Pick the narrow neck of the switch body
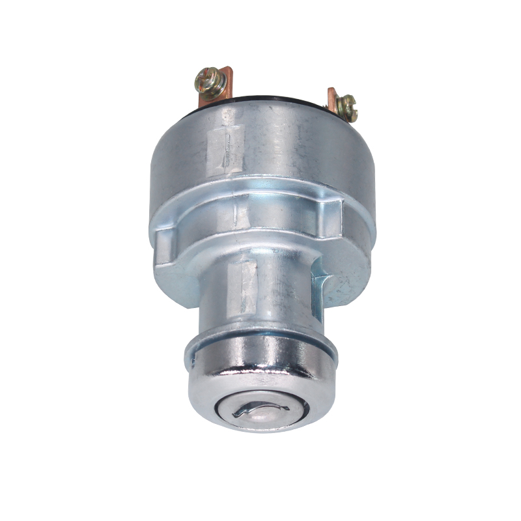[x=274, y=287]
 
